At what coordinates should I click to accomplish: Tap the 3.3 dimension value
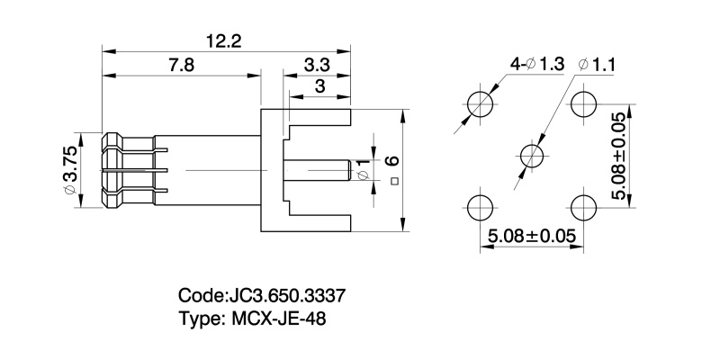(316, 65)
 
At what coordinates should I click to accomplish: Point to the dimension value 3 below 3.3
(319, 86)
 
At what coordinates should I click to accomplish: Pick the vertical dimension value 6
(391, 161)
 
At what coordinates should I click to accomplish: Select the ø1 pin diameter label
(362, 169)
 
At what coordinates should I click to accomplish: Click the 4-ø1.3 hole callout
(536, 64)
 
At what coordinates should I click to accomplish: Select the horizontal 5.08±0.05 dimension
(532, 237)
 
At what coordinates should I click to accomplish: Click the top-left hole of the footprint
(482, 102)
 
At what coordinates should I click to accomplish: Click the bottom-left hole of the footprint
(482, 206)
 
